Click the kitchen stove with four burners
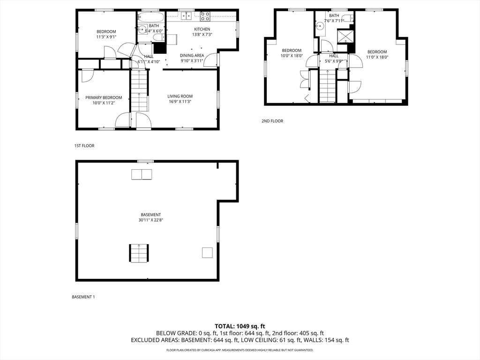(205, 16)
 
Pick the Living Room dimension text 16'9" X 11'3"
(180, 101)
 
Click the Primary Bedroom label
(104, 97)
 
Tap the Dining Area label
(192, 55)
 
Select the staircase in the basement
(139, 253)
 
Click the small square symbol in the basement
(207, 252)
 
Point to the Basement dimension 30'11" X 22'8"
(150, 220)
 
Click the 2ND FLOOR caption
(272, 121)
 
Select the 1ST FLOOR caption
(84, 146)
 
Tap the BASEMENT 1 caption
(83, 297)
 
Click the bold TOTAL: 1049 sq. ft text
(240, 326)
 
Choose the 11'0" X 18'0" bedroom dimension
(377, 57)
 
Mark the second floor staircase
(327, 87)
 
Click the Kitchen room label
(202, 29)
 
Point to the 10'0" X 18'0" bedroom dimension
(292, 56)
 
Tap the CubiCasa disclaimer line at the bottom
(240, 350)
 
